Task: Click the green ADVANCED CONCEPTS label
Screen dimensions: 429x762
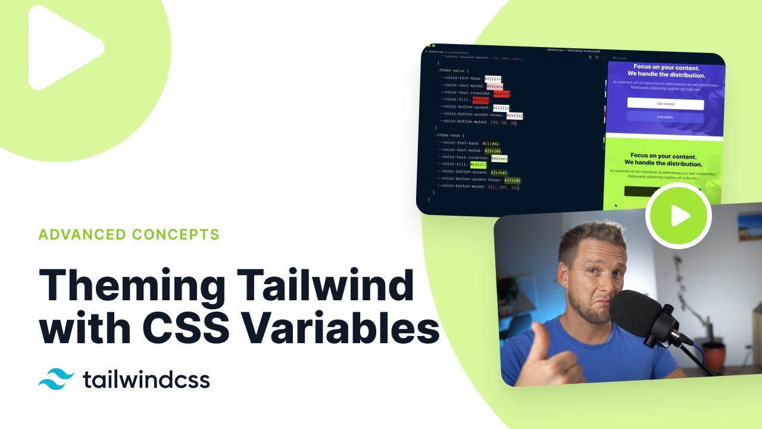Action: click(x=129, y=234)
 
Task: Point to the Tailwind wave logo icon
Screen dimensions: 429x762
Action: click(x=56, y=379)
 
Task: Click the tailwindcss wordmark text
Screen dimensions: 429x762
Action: click(x=146, y=380)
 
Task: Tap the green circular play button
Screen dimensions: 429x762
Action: click(x=679, y=216)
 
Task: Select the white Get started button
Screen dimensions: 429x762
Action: click(x=665, y=104)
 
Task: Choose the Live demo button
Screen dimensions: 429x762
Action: click(x=665, y=117)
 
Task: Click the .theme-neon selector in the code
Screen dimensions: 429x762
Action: click(x=448, y=135)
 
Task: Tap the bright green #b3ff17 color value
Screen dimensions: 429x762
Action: click(x=478, y=164)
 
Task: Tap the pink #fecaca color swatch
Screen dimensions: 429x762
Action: click(x=495, y=86)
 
